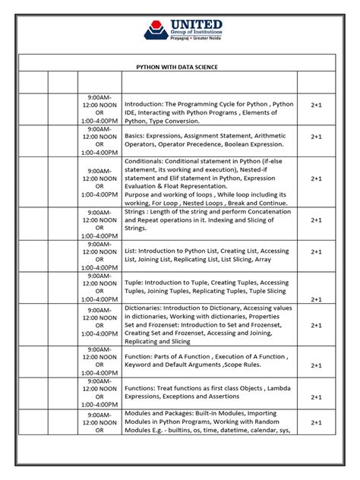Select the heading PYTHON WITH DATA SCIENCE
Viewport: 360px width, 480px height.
(x=176, y=67)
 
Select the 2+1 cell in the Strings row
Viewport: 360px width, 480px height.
(x=316, y=219)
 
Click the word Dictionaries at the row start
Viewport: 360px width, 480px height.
(x=146, y=308)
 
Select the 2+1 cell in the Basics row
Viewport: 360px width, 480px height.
(x=316, y=137)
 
